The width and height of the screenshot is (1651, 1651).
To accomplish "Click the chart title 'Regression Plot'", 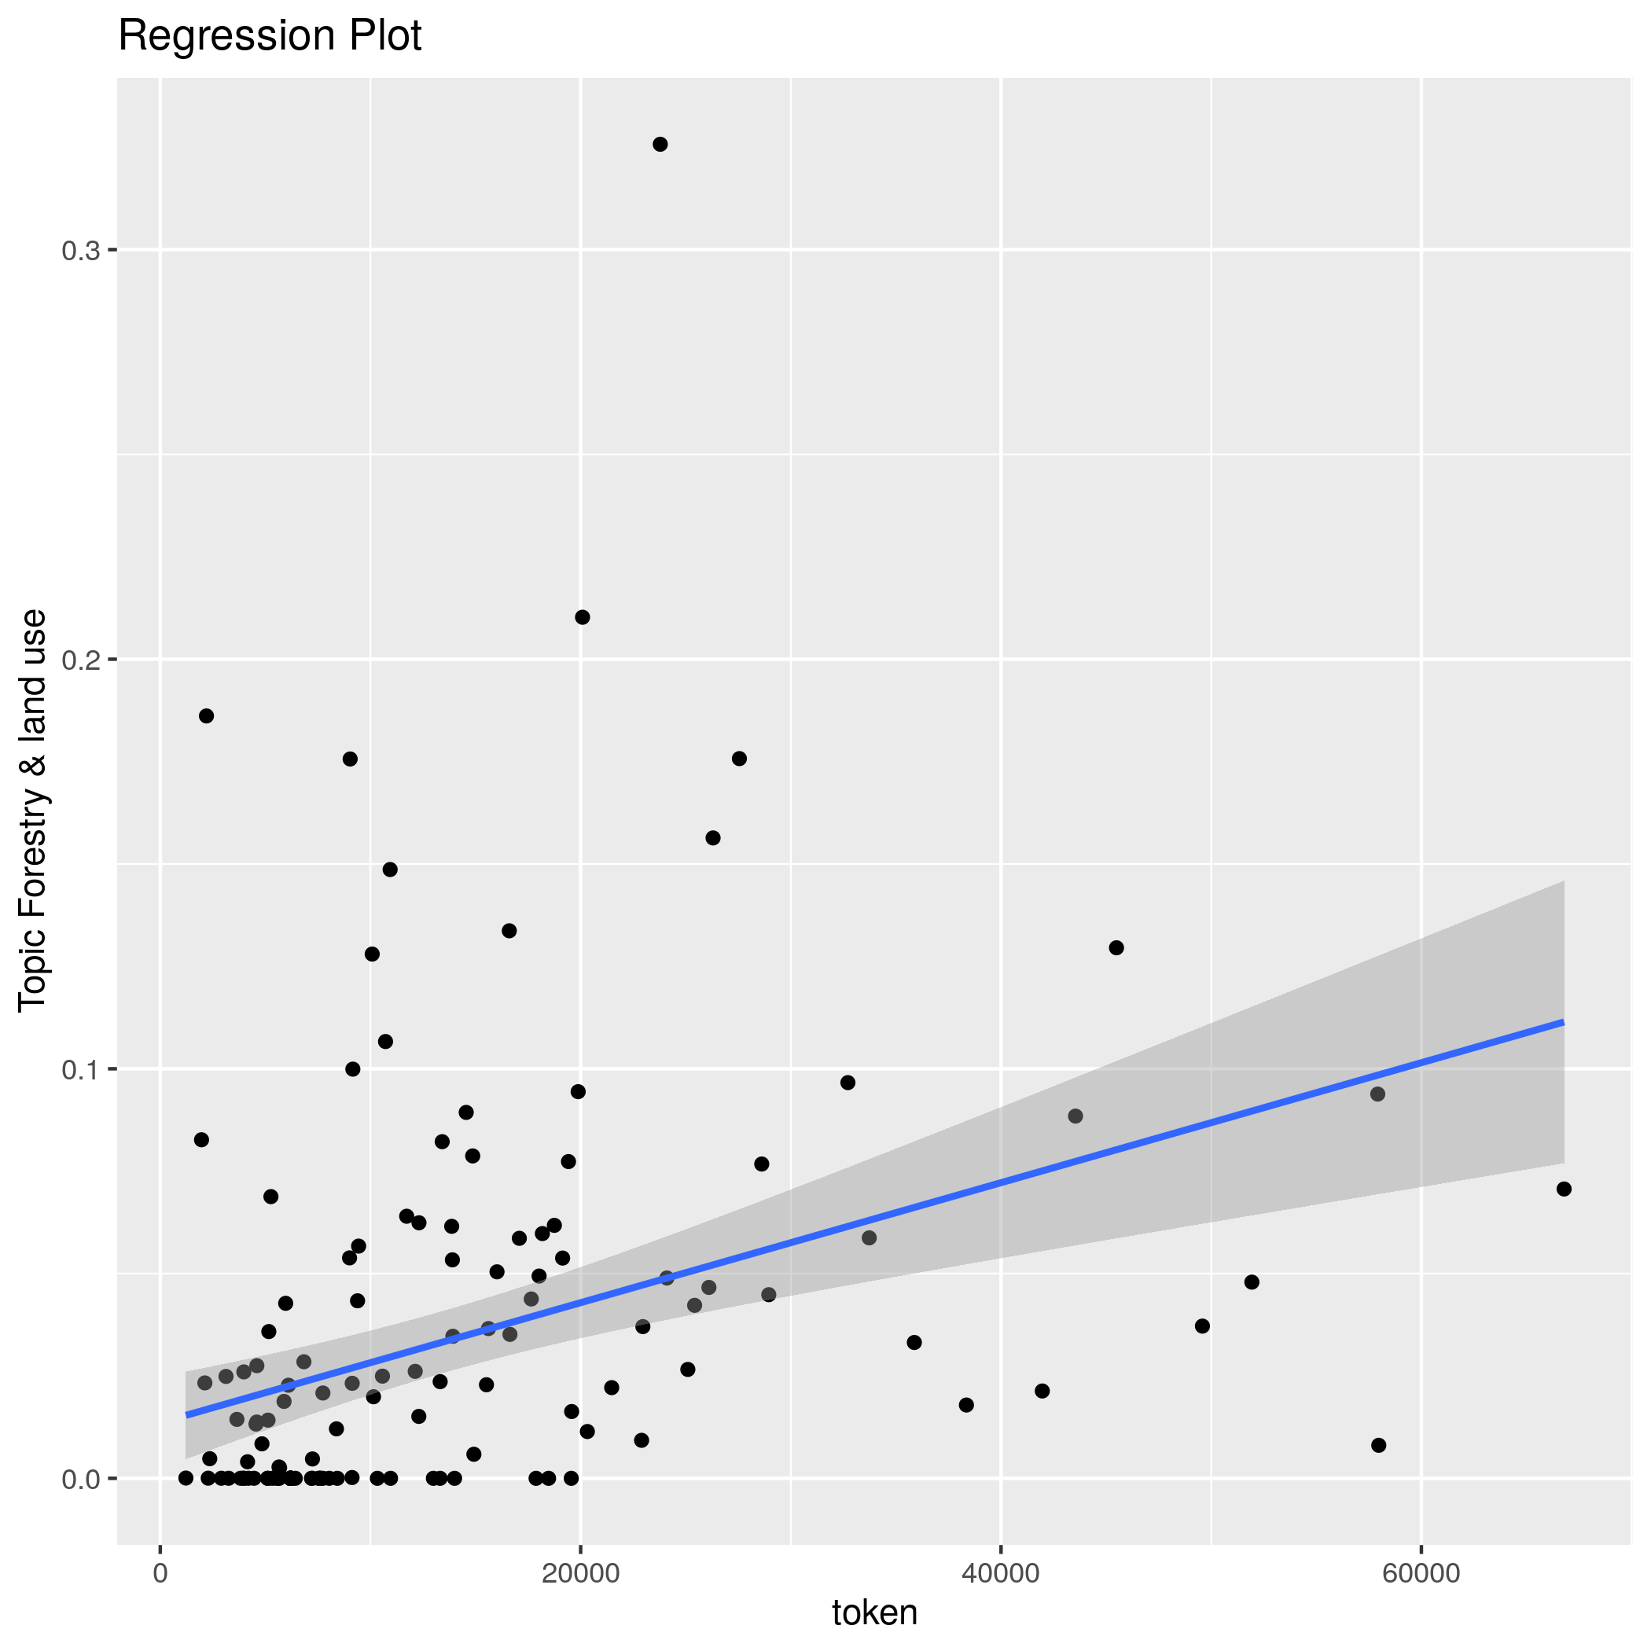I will click(x=269, y=37).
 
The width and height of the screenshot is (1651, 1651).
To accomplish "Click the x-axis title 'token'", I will click(x=874, y=1612).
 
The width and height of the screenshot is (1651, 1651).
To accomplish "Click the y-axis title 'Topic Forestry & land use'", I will click(x=33, y=810).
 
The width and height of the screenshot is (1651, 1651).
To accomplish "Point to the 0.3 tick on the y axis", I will click(x=80, y=250).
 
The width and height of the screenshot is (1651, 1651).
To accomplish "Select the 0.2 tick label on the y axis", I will click(x=80, y=660).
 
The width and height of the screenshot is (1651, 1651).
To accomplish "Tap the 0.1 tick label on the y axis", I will click(x=80, y=1069).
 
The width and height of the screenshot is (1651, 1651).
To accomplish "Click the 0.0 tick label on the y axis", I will click(x=80, y=1478).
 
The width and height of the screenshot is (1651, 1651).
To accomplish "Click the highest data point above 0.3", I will click(x=660, y=145).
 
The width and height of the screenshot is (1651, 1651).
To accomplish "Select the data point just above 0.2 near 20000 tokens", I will click(x=582, y=617).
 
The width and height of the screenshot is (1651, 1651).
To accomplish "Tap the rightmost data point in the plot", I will click(x=1564, y=1189).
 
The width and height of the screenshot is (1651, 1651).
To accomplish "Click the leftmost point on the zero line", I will click(x=186, y=1477).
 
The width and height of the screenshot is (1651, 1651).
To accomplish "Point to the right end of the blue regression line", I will click(x=1562, y=1022).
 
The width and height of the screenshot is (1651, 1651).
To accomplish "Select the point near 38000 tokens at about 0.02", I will click(x=966, y=1405).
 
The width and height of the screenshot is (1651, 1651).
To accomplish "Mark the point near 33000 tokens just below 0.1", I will click(x=848, y=1083).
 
